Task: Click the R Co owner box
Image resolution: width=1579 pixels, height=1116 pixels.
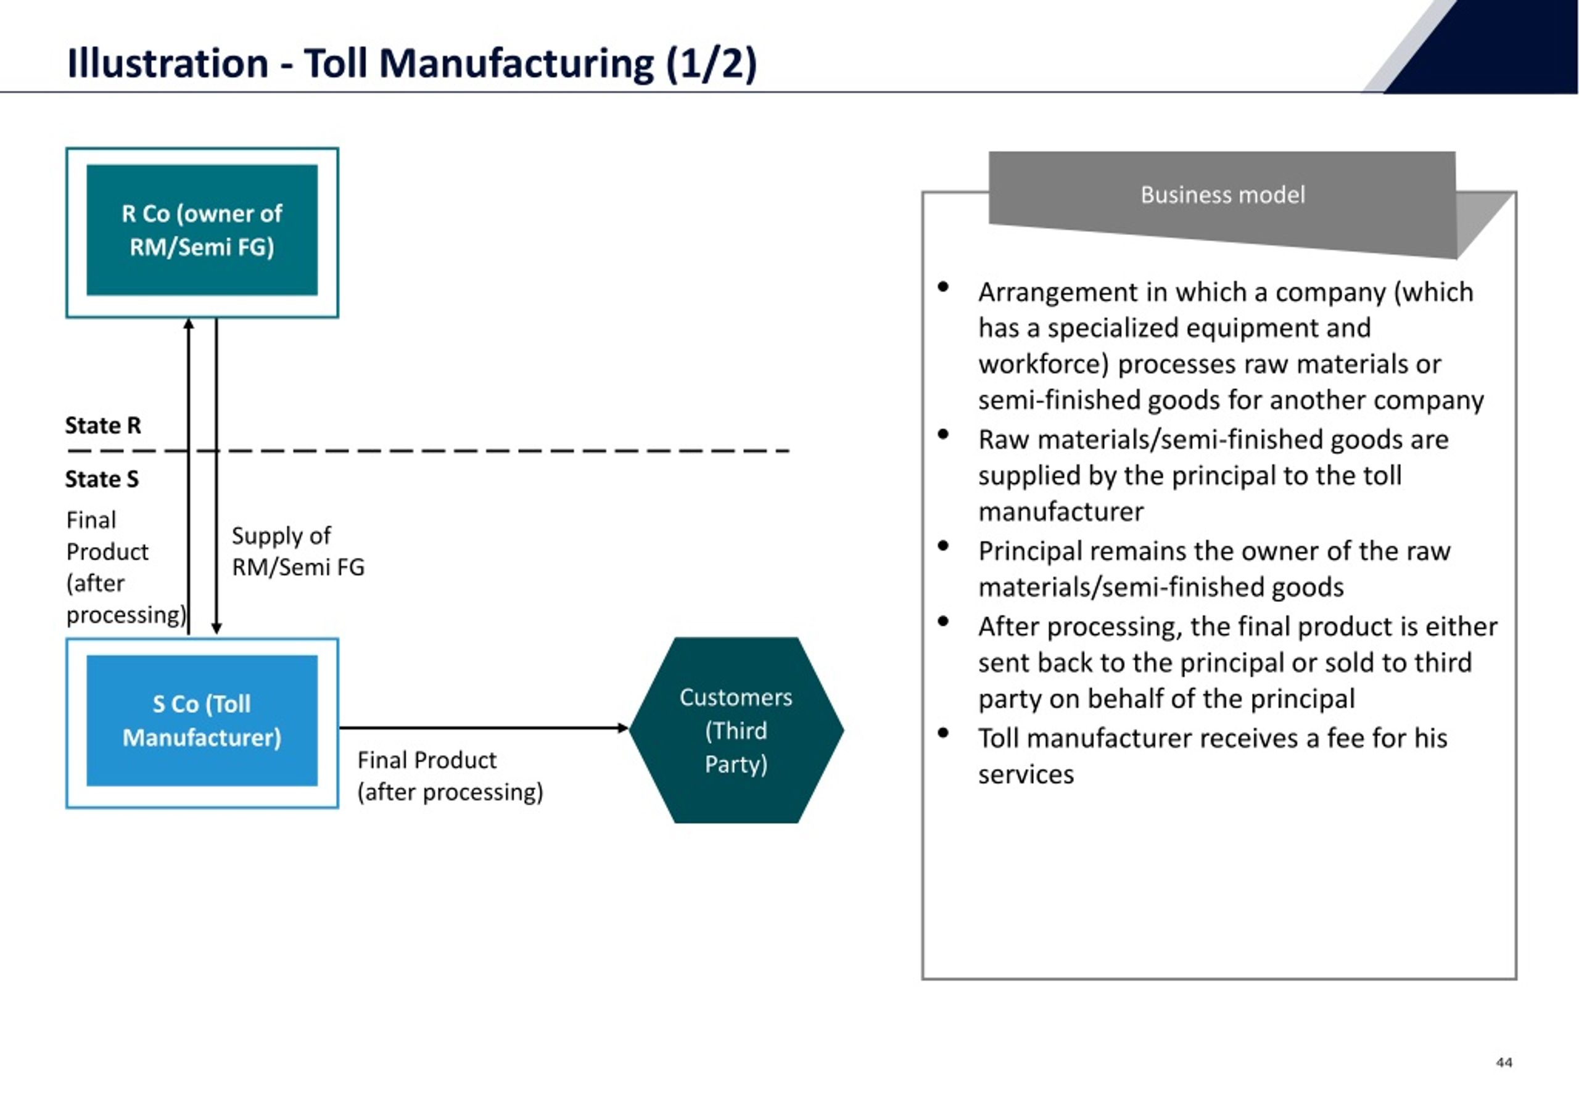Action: click(202, 232)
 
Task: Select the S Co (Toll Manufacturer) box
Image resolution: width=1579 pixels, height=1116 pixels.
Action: click(202, 723)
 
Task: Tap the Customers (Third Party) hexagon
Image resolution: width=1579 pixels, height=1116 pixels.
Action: click(736, 730)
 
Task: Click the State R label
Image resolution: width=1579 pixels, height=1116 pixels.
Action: click(103, 425)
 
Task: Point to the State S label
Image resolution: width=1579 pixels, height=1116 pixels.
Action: click(102, 478)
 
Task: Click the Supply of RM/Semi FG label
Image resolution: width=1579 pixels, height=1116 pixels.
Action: click(298, 551)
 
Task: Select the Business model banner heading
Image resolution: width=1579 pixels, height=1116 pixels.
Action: click(1222, 195)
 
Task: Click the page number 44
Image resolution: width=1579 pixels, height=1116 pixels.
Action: click(1504, 1062)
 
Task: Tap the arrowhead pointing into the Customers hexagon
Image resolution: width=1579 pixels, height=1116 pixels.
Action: click(623, 728)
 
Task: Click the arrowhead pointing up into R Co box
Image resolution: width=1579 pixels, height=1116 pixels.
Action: click(189, 324)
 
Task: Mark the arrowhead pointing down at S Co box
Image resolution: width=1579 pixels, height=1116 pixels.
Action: click(216, 628)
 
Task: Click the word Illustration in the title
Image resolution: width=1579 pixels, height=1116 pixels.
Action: click(168, 64)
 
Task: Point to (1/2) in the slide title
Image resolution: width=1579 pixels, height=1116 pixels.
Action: click(711, 64)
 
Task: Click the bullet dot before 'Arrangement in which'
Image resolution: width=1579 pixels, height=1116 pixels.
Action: click(943, 287)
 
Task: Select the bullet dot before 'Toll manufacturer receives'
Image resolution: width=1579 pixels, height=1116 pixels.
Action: click(943, 733)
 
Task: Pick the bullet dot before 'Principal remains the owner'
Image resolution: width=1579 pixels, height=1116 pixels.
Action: click(943, 546)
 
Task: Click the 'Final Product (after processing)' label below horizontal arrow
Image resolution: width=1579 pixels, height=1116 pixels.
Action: click(450, 776)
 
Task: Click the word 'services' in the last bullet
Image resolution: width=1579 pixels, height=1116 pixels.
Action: click(1026, 775)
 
